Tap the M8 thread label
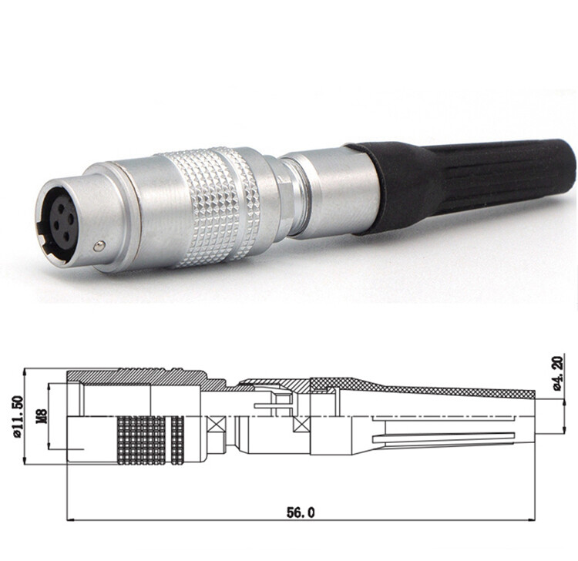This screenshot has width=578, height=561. (40, 417)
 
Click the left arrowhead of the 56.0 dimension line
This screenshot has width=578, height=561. (72, 519)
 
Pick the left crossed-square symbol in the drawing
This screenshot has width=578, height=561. (219, 425)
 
